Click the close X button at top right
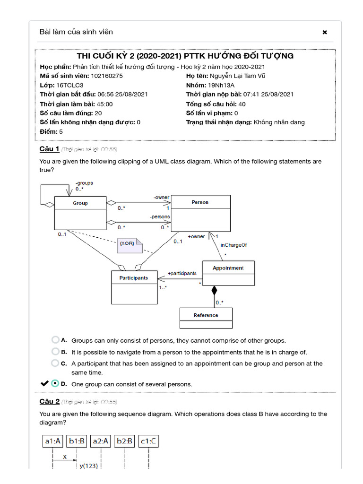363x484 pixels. (325, 33)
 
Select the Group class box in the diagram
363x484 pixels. (80, 212)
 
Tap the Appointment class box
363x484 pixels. (228, 273)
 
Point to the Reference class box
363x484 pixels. (206, 318)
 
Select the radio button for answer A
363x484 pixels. (55, 340)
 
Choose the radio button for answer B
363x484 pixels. (55, 352)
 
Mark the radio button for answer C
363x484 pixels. (55, 363)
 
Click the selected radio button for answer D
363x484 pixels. (55, 383)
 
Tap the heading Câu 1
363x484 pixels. (49, 149)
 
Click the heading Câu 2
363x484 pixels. (49, 402)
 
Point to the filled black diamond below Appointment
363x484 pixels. (214, 290)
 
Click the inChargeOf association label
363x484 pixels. (233, 245)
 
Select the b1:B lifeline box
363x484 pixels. (77, 441)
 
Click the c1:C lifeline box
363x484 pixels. (148, 441)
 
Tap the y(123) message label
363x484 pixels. (88, 466)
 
